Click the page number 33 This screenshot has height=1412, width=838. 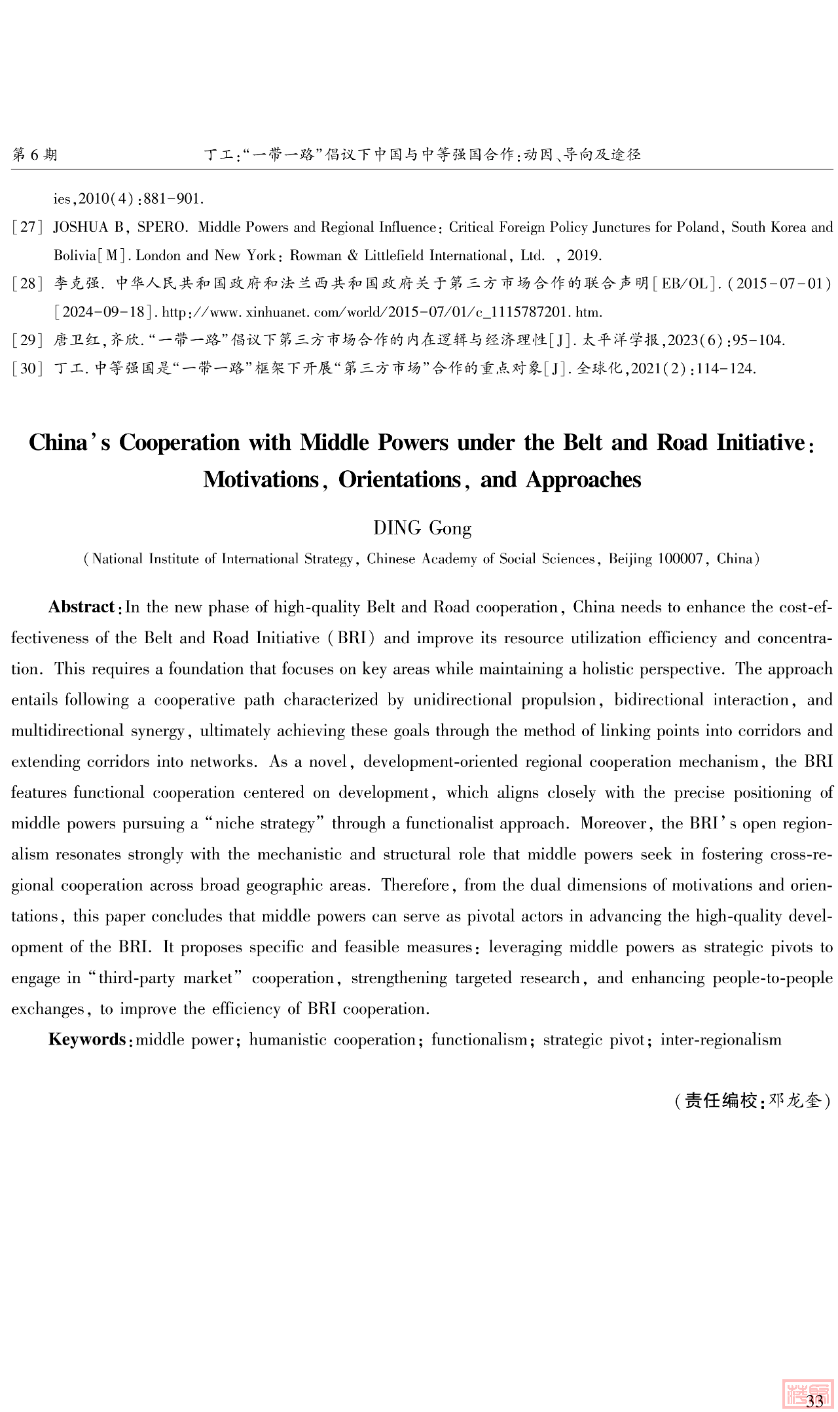pos(814,1401)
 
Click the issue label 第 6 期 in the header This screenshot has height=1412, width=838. pos(35,155)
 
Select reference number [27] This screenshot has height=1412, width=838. pos(27,227)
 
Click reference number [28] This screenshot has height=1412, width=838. pos(27,284)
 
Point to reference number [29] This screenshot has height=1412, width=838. pos(27,340)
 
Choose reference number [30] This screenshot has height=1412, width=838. pos(27,368)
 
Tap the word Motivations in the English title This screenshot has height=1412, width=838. pos(261,480)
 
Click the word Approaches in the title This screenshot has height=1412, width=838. pos(583,480)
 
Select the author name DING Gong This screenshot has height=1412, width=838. pos(422,528)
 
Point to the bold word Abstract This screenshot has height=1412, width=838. pos(81,607)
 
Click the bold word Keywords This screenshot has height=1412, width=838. pos(86,1039)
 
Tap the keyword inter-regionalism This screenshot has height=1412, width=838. pos(720,1040)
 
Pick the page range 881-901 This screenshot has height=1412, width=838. pos(177,198)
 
